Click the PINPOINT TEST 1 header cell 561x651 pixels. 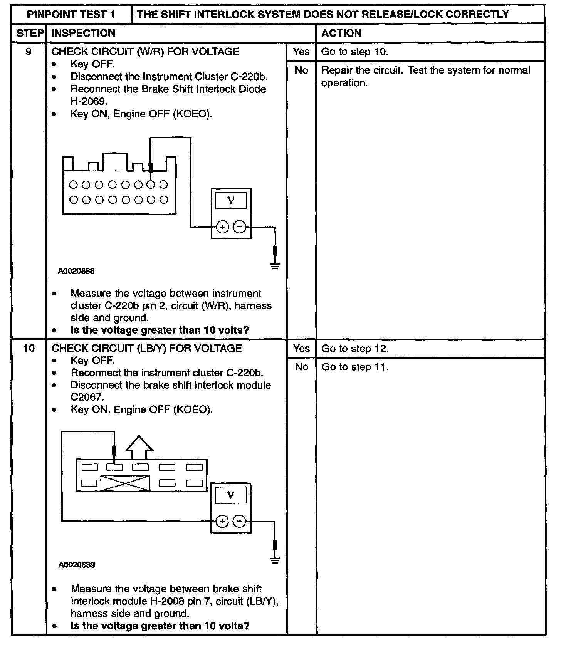click(x=71, y=15)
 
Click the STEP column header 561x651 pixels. click(x=29, y=33)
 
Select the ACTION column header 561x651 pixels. click(x=341, y=33)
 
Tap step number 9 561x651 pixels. click(x=29, y=52)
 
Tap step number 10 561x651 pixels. click(x=29, y=348)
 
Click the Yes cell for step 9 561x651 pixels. click(x=301, y=52)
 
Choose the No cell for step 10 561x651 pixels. click(x=301, y=367)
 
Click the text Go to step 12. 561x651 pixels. click(x=355, y=349)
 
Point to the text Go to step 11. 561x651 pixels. click(x=355, y=367)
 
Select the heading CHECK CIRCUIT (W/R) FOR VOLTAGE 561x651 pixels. click(x=145, y=52)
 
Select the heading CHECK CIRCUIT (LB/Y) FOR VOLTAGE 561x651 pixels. click(x=146, y=348)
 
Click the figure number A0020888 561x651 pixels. click(x=76, y=271)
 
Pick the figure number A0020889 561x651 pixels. click(x=77, y=565)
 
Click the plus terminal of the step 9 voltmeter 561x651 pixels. click(x=222, y=227)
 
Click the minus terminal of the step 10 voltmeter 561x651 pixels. click(x=240, y=522)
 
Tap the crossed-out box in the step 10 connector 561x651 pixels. click(x=125, y=483)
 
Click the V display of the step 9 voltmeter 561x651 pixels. click(x=231, y=200)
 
